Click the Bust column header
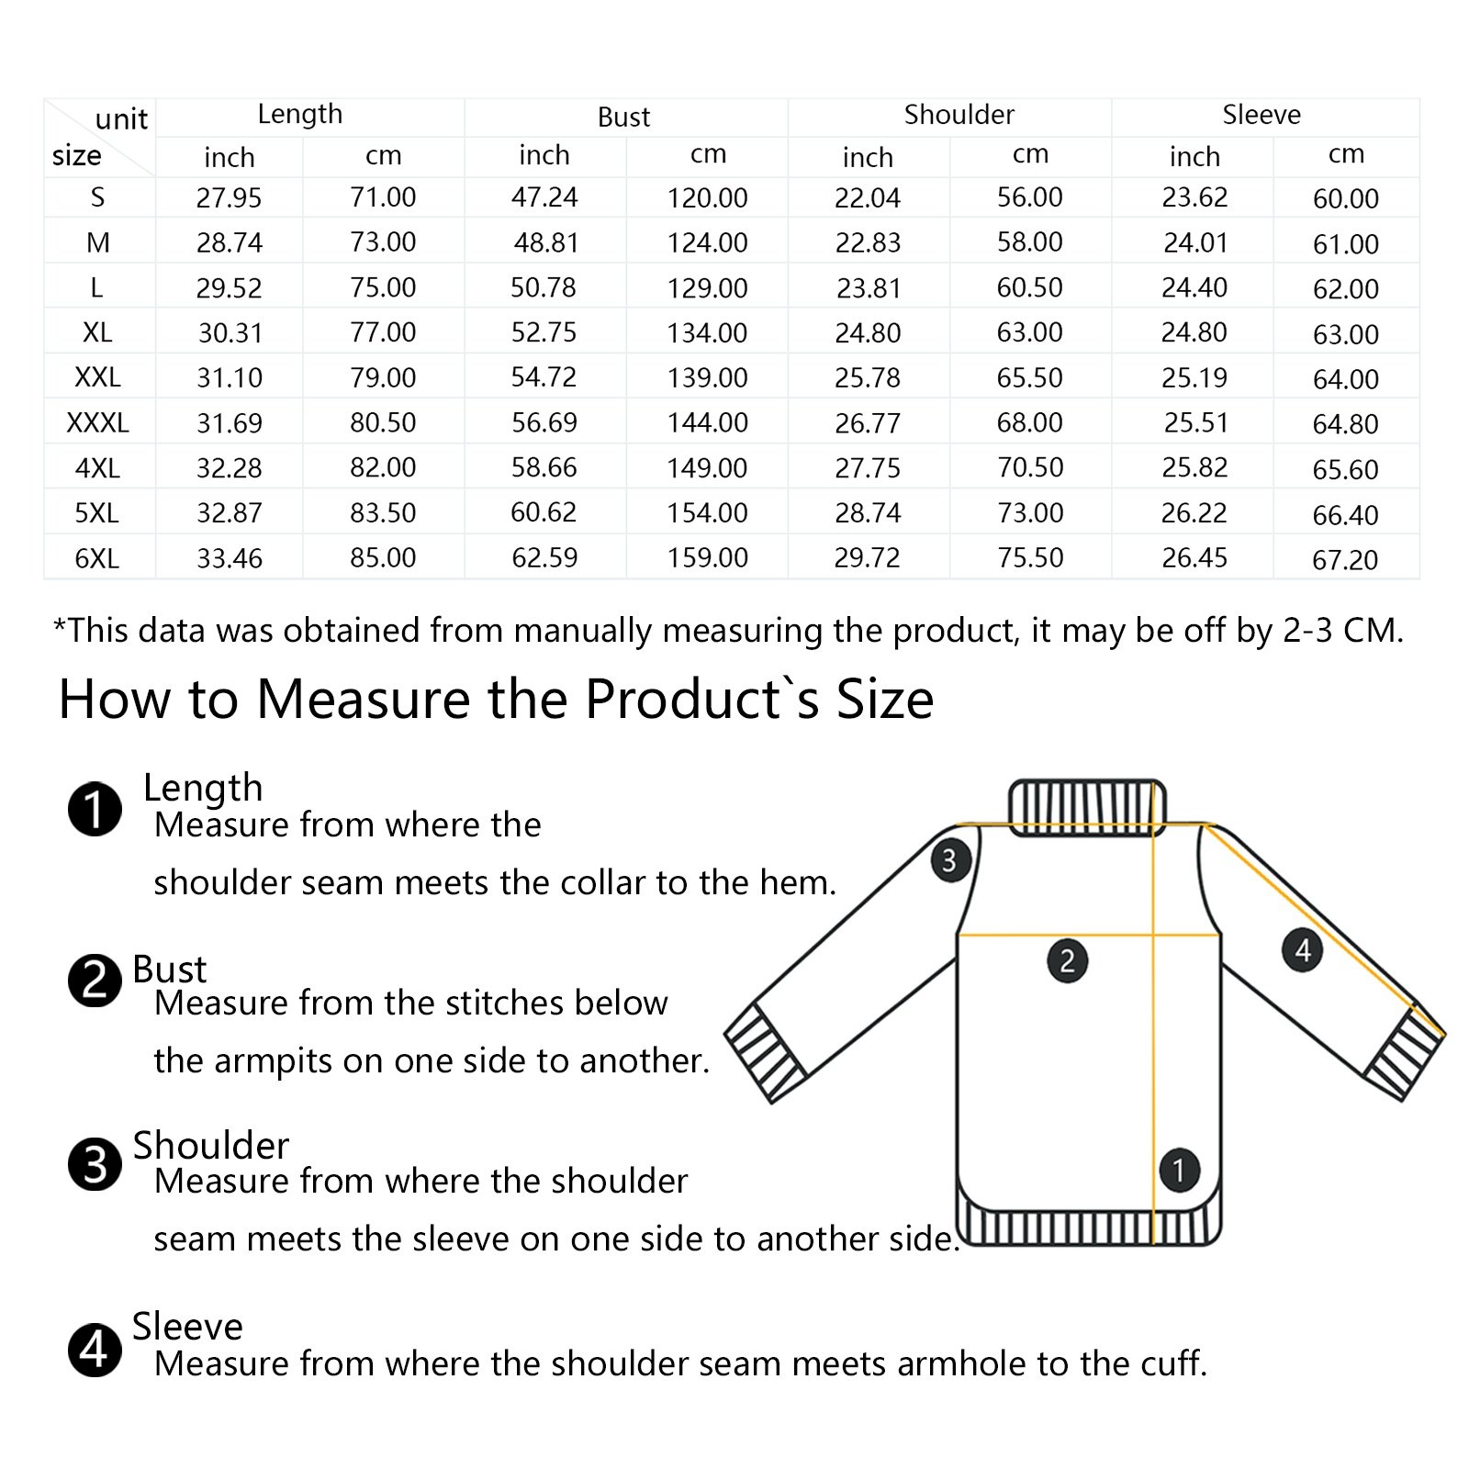[x=623, y=117]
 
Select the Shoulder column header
[x=959, y=115]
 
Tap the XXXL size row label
[x=97, y=422]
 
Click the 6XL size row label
[x=97, y=558]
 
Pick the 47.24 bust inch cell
[x=544, y=197]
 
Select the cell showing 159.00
[x=707, y=558]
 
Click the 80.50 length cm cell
[x=383, y=422]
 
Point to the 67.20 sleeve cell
[x=1345, y=559]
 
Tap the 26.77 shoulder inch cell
[x=868, y=423]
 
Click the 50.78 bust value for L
[x=544, y=287]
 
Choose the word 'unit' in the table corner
[x=121, y=119]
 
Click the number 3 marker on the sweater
[x=949, y=860]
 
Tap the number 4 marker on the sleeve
[x=1302, y=949]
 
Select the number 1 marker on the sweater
[x=1179, y=1170]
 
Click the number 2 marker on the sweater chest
[x=1067, y=960]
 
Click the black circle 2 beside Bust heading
[x=95, y=981]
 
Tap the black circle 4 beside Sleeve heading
[x=95, y=1351]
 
